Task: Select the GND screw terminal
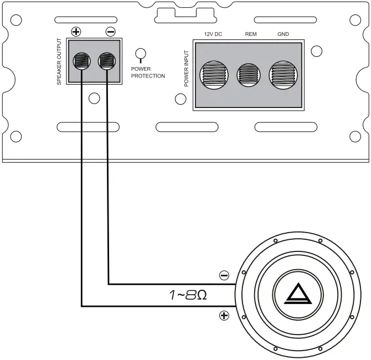[283, 74]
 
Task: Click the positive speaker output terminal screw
[81, 60]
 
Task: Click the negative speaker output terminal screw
[106, 60]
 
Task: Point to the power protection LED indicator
[141, 54]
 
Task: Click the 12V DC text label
[213, 34]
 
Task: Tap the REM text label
[251, 34]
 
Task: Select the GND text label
[283, 34]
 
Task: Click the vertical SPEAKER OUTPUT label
[59, 61]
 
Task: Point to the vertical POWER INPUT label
[187, 69]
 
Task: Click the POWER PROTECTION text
[148, 73]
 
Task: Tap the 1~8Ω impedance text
[188, 295]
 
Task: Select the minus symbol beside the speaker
[224, 275]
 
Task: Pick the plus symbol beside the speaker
[224, 316]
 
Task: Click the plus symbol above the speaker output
[76, 32]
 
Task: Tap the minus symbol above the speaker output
[110, 32]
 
